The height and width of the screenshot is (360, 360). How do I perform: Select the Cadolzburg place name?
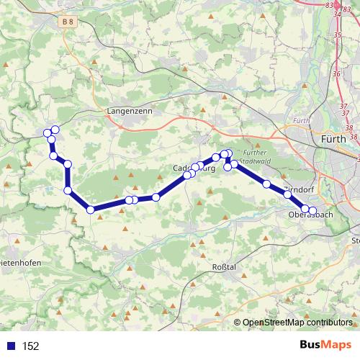coord(191,168)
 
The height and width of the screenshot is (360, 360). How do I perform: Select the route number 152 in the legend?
coord(30,346)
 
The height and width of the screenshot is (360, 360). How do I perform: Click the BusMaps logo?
coord(322,346)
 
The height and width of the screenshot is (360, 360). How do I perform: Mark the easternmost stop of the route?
coord(312,210)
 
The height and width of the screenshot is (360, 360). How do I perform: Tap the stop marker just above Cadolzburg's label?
coord(195,167)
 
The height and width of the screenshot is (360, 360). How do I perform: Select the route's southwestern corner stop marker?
coord(90,210)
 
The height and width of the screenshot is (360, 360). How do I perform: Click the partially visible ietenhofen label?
coord(20,264)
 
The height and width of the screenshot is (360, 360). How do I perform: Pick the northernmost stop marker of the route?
coord(55,130)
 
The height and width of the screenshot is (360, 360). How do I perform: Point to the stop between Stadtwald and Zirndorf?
coord(266,184)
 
